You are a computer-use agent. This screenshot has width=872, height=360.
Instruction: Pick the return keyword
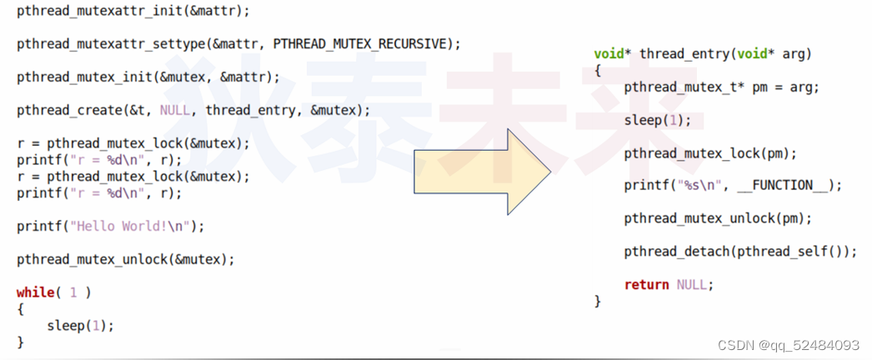[x=646, y=284]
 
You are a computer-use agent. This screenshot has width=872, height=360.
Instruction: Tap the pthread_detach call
[x=676, y=251]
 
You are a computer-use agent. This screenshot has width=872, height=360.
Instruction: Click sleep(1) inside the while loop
[x=80, y=325]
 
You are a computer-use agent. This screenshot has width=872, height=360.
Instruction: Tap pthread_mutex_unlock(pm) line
[x=718, y=218]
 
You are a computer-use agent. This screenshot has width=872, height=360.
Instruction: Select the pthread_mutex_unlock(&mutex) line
[x=125, y=259]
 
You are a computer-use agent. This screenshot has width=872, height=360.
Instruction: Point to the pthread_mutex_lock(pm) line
[x=710, y=152]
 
